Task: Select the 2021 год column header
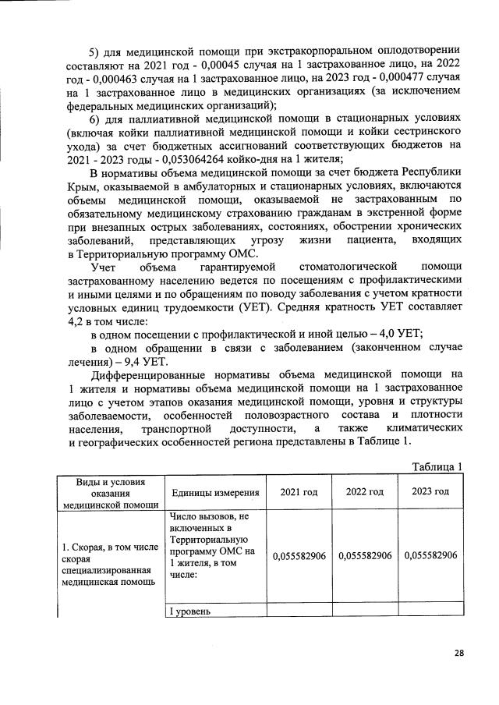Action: (x=299, y=491)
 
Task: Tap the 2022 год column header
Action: (x=366, y=491)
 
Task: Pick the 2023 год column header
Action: (x=430, y=491)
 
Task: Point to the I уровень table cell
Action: (x=190, y=611)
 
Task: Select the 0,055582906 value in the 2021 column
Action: (x=300, y=555)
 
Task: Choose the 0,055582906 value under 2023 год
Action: (x=430, y=555)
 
